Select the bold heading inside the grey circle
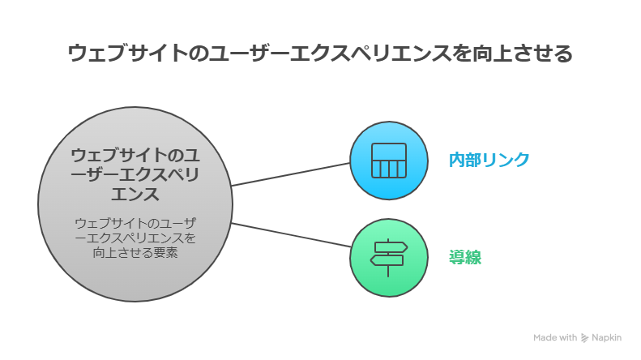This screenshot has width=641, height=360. (135, 174)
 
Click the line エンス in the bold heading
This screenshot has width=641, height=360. (135, 195)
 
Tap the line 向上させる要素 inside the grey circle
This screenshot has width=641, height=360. (135, 253)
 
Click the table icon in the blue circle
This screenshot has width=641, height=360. (388, 161)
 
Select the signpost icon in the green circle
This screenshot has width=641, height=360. (388, 259)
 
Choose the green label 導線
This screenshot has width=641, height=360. (465, 258)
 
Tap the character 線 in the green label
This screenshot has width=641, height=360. (473, 258)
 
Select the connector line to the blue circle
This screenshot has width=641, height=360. (290, 174)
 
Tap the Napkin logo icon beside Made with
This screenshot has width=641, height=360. (584, 337)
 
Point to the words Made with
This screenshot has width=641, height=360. (555, 337)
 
